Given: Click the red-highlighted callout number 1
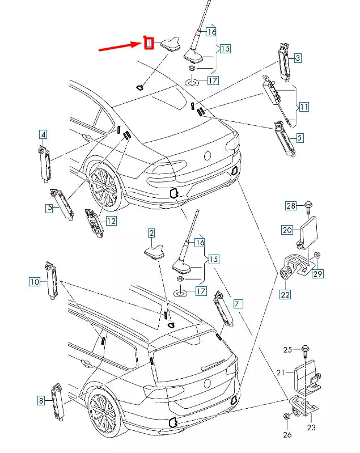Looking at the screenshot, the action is [149, 43].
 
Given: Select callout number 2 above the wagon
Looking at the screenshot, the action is [151, 233].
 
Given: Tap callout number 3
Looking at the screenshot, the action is [298, 58].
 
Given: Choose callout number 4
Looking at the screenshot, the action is [43, 134].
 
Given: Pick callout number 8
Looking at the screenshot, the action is [41, 400].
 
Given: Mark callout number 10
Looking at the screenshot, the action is [35, 281].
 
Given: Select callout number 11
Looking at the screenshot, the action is [304, 107].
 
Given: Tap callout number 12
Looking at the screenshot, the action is [111, 221].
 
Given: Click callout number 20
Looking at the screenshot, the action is [287, 230].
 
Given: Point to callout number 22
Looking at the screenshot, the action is [285, 295].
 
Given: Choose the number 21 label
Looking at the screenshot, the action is [281, 372].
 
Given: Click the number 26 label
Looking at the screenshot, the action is [287, 434].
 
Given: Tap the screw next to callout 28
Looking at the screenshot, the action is [308, 208].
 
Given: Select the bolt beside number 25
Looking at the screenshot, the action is [306, 352].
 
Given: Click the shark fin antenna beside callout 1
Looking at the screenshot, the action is [171, 44].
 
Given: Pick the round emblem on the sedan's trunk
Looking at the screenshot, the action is [207, 156].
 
